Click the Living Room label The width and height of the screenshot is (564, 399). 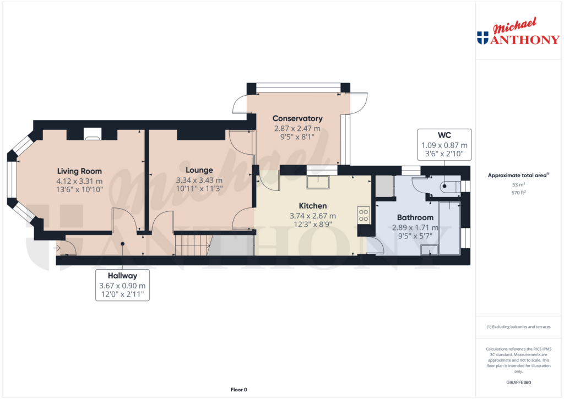(x=79, y=171)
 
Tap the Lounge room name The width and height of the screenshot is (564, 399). (x=199, y=170)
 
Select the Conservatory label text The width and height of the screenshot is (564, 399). (x=297, y=118)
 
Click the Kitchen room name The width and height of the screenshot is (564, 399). (x=313, y=206)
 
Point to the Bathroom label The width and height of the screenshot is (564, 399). (x=415, y=217)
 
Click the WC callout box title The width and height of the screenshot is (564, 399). (x=444, y=135)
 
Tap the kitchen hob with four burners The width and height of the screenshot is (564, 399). (x=363, y=215)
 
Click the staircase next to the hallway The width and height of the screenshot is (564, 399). (x=192, y=245)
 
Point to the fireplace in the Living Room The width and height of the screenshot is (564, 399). (x=92, y=133)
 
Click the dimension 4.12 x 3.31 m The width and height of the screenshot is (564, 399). (x=79, y=181)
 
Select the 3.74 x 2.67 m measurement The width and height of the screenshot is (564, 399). (x=313, y=216)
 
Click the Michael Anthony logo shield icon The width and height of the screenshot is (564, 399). (x=482, y=37)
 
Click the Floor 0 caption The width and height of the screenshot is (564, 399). (x=238, y=390)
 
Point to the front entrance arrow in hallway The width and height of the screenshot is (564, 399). (x=57, y=248)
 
